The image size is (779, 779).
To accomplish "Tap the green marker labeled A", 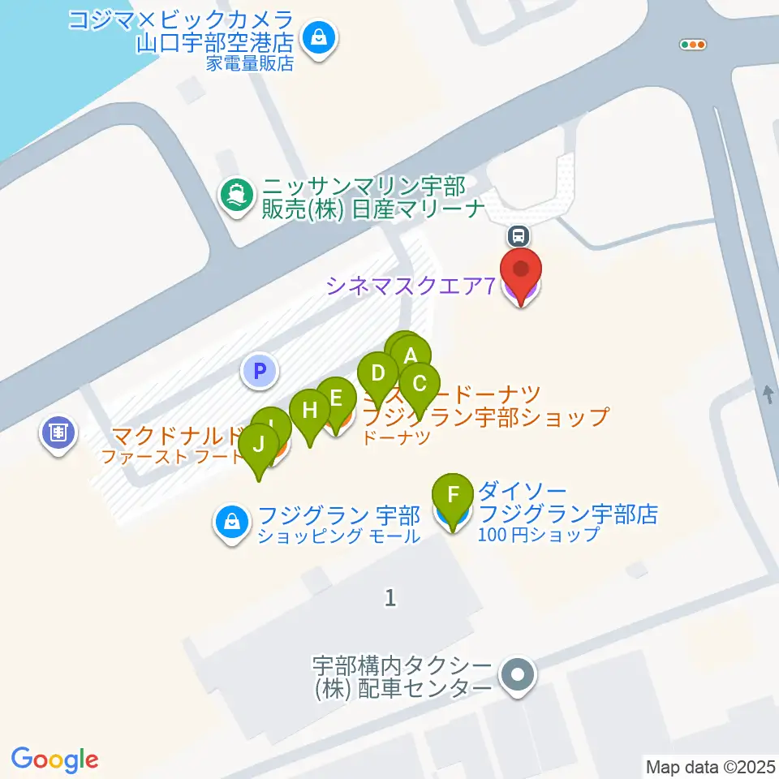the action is click(x=411, y=355).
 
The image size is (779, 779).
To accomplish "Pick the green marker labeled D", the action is click(x=377, y=374).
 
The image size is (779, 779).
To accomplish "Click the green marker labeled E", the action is click(x=336, y=398).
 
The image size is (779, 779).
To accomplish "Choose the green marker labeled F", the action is click(x=454, y=494).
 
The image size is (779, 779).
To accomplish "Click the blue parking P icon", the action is click(x=260, y=372).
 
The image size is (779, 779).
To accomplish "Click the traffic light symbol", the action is click(x=694, y=45).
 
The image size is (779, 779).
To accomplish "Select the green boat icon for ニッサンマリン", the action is click(x=236, y=194).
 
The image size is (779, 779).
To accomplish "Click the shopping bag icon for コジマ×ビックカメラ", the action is click(x=319, y=37).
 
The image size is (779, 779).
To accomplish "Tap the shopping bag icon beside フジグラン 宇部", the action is click(x=232, y=522).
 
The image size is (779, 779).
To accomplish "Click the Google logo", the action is click(x=55, y=759).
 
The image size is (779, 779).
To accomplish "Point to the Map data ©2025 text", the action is click(x=710, y=765).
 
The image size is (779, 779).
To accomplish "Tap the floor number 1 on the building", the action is click(x=391, y=598).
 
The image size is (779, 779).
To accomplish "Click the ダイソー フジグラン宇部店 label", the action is click(x=567, y=513).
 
